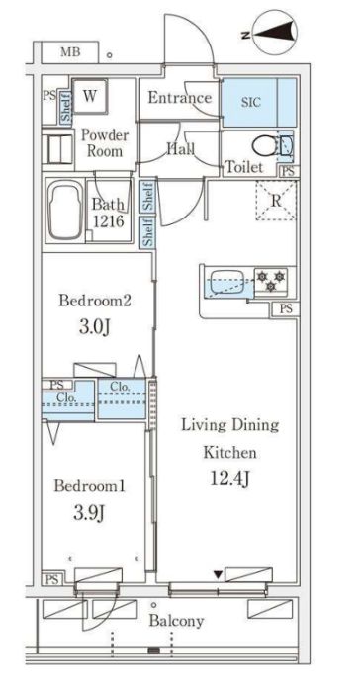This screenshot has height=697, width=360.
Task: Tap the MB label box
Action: (70, 52)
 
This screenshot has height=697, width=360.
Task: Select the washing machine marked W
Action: (90, 96)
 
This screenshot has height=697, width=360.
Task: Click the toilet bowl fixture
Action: (264, 145)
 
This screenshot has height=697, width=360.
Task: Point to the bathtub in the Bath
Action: (65, 210)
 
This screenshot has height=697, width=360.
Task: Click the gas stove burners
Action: (271, 281)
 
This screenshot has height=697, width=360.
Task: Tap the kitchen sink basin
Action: (226, 282)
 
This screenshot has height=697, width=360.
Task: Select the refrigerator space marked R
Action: (276, 201)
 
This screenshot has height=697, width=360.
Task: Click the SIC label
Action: (250, 102)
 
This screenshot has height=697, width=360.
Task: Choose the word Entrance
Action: (180, 97)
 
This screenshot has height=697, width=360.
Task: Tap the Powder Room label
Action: (105, 142)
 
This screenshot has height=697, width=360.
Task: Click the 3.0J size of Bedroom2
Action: (94, 328)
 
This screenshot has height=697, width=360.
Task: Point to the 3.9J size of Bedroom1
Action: (89, 514)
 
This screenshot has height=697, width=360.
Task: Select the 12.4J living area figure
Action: (229, 479)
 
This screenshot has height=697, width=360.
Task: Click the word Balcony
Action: (176, 621)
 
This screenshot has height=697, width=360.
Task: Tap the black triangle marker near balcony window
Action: (218, 575)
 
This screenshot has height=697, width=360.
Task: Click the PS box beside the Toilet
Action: (289, 172)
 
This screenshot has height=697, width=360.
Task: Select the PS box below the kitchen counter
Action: (286, 309)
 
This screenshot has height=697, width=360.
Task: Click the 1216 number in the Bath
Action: (109, 221)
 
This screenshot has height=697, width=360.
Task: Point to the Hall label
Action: (181, 149)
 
